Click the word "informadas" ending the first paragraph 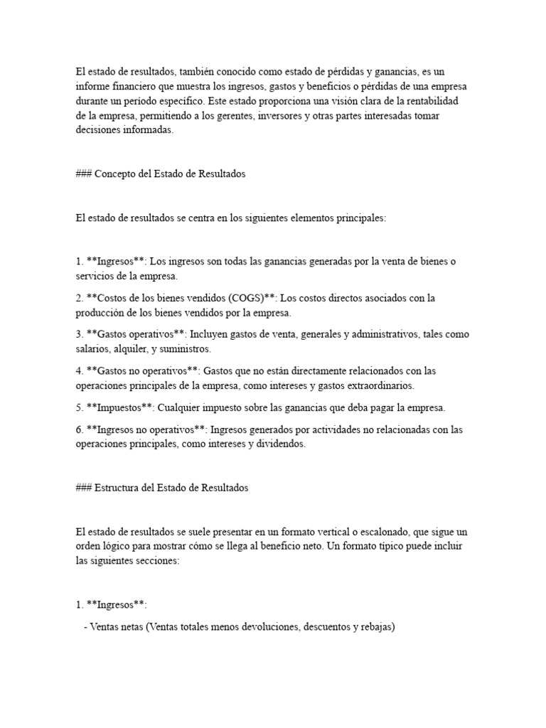[x=149, y=131]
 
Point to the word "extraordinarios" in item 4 [x=379, y=385]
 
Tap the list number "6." [x=80, y=429]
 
